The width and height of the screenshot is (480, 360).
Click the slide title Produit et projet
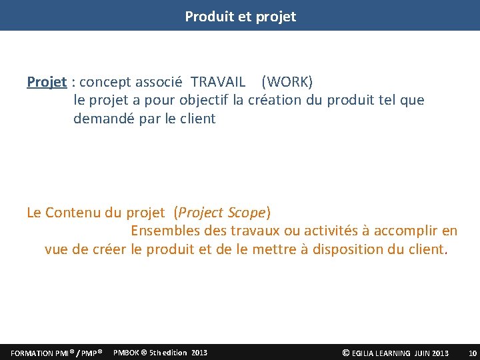click(x=240, y=17)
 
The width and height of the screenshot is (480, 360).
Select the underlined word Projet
click(x=47, y=82)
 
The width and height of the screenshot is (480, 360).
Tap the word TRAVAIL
click(x=218, y=82)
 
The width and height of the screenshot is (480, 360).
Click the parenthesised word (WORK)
click(x=287, y=82)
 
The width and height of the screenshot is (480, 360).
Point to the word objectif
click(x=204, y=101)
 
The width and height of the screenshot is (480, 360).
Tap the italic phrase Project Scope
click(x=222, y=213)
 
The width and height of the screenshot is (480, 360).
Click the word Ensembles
click(x=162, y=231)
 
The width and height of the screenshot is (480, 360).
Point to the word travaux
click(x=257, y=231)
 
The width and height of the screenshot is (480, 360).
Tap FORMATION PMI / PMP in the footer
click(x=56, y=353)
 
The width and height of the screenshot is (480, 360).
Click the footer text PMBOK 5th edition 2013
click(x=161, y=352)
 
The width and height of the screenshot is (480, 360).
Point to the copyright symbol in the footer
click(x=345, y=353)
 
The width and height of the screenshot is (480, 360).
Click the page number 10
click(x=473, y=353)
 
